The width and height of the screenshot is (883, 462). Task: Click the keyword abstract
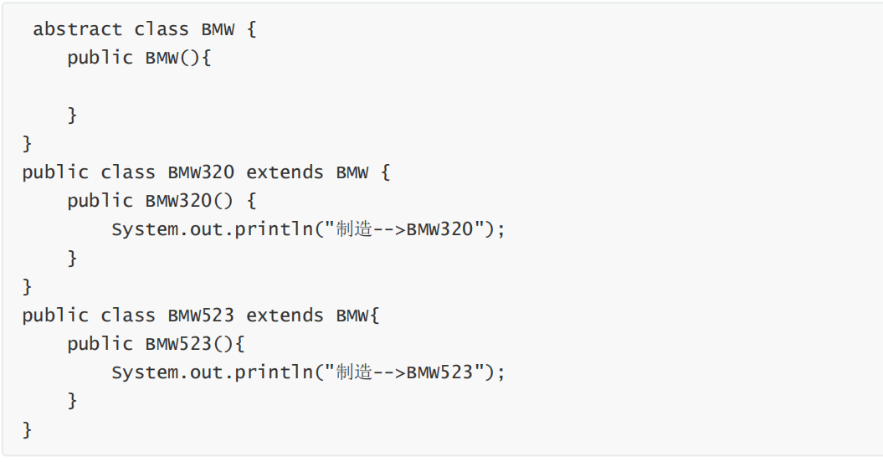[x=78, y=29]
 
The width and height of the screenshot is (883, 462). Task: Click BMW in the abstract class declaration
[x=218, y=29]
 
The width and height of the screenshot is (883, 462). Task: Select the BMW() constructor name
[x=162, y=58]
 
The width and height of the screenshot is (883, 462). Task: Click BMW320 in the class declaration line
[x=201, y=172]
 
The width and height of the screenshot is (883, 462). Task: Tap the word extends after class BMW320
[x=285, y=172]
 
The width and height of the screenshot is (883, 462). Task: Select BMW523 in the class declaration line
[x=201, y=316]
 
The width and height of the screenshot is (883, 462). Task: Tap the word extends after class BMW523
[x=285, y=316]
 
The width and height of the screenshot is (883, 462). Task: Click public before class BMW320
[x=55, y=172]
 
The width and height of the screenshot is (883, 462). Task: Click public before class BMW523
[x=55, y=316]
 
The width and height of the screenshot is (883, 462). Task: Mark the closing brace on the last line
[x=28, y=430]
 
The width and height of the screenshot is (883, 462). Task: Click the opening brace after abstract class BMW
[x=252, y=29]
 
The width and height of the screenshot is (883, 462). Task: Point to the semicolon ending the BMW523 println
[x=501, y=372]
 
